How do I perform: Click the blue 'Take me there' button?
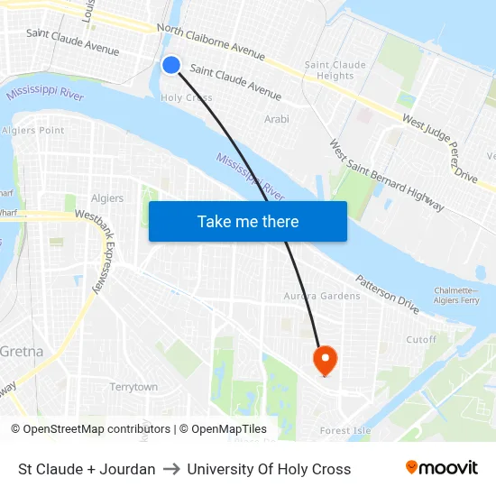coord(248,221)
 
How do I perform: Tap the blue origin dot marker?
coord(171,64)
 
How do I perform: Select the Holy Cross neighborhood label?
coord(186,97)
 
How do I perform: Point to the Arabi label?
coord(277,119)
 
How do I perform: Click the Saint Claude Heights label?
coord(335,70)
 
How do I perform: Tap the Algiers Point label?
coord(34,130)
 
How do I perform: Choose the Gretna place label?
coord(21,351)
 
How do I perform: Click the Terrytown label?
coord(133,387)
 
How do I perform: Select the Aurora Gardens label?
coord(322,296)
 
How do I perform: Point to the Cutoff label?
coord(421,340)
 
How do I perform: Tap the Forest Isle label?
coord(345,431)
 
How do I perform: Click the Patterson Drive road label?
coord(387,293)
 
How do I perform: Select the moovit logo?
coord(441,468)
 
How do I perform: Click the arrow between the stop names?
coord(171,469)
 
